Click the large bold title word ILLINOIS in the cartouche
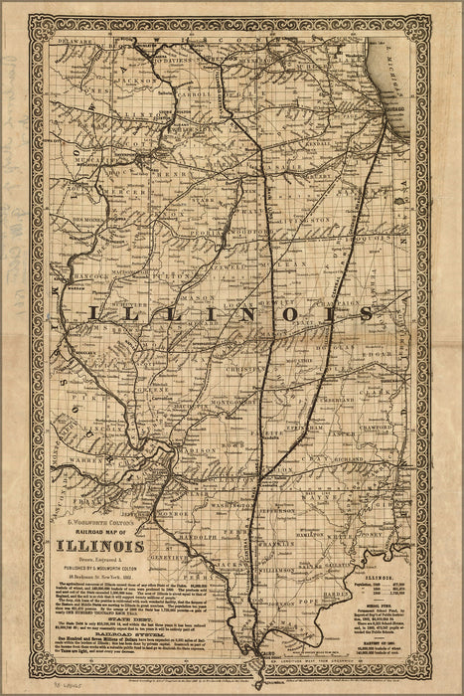pyautogui.click(x=102, y=546)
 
